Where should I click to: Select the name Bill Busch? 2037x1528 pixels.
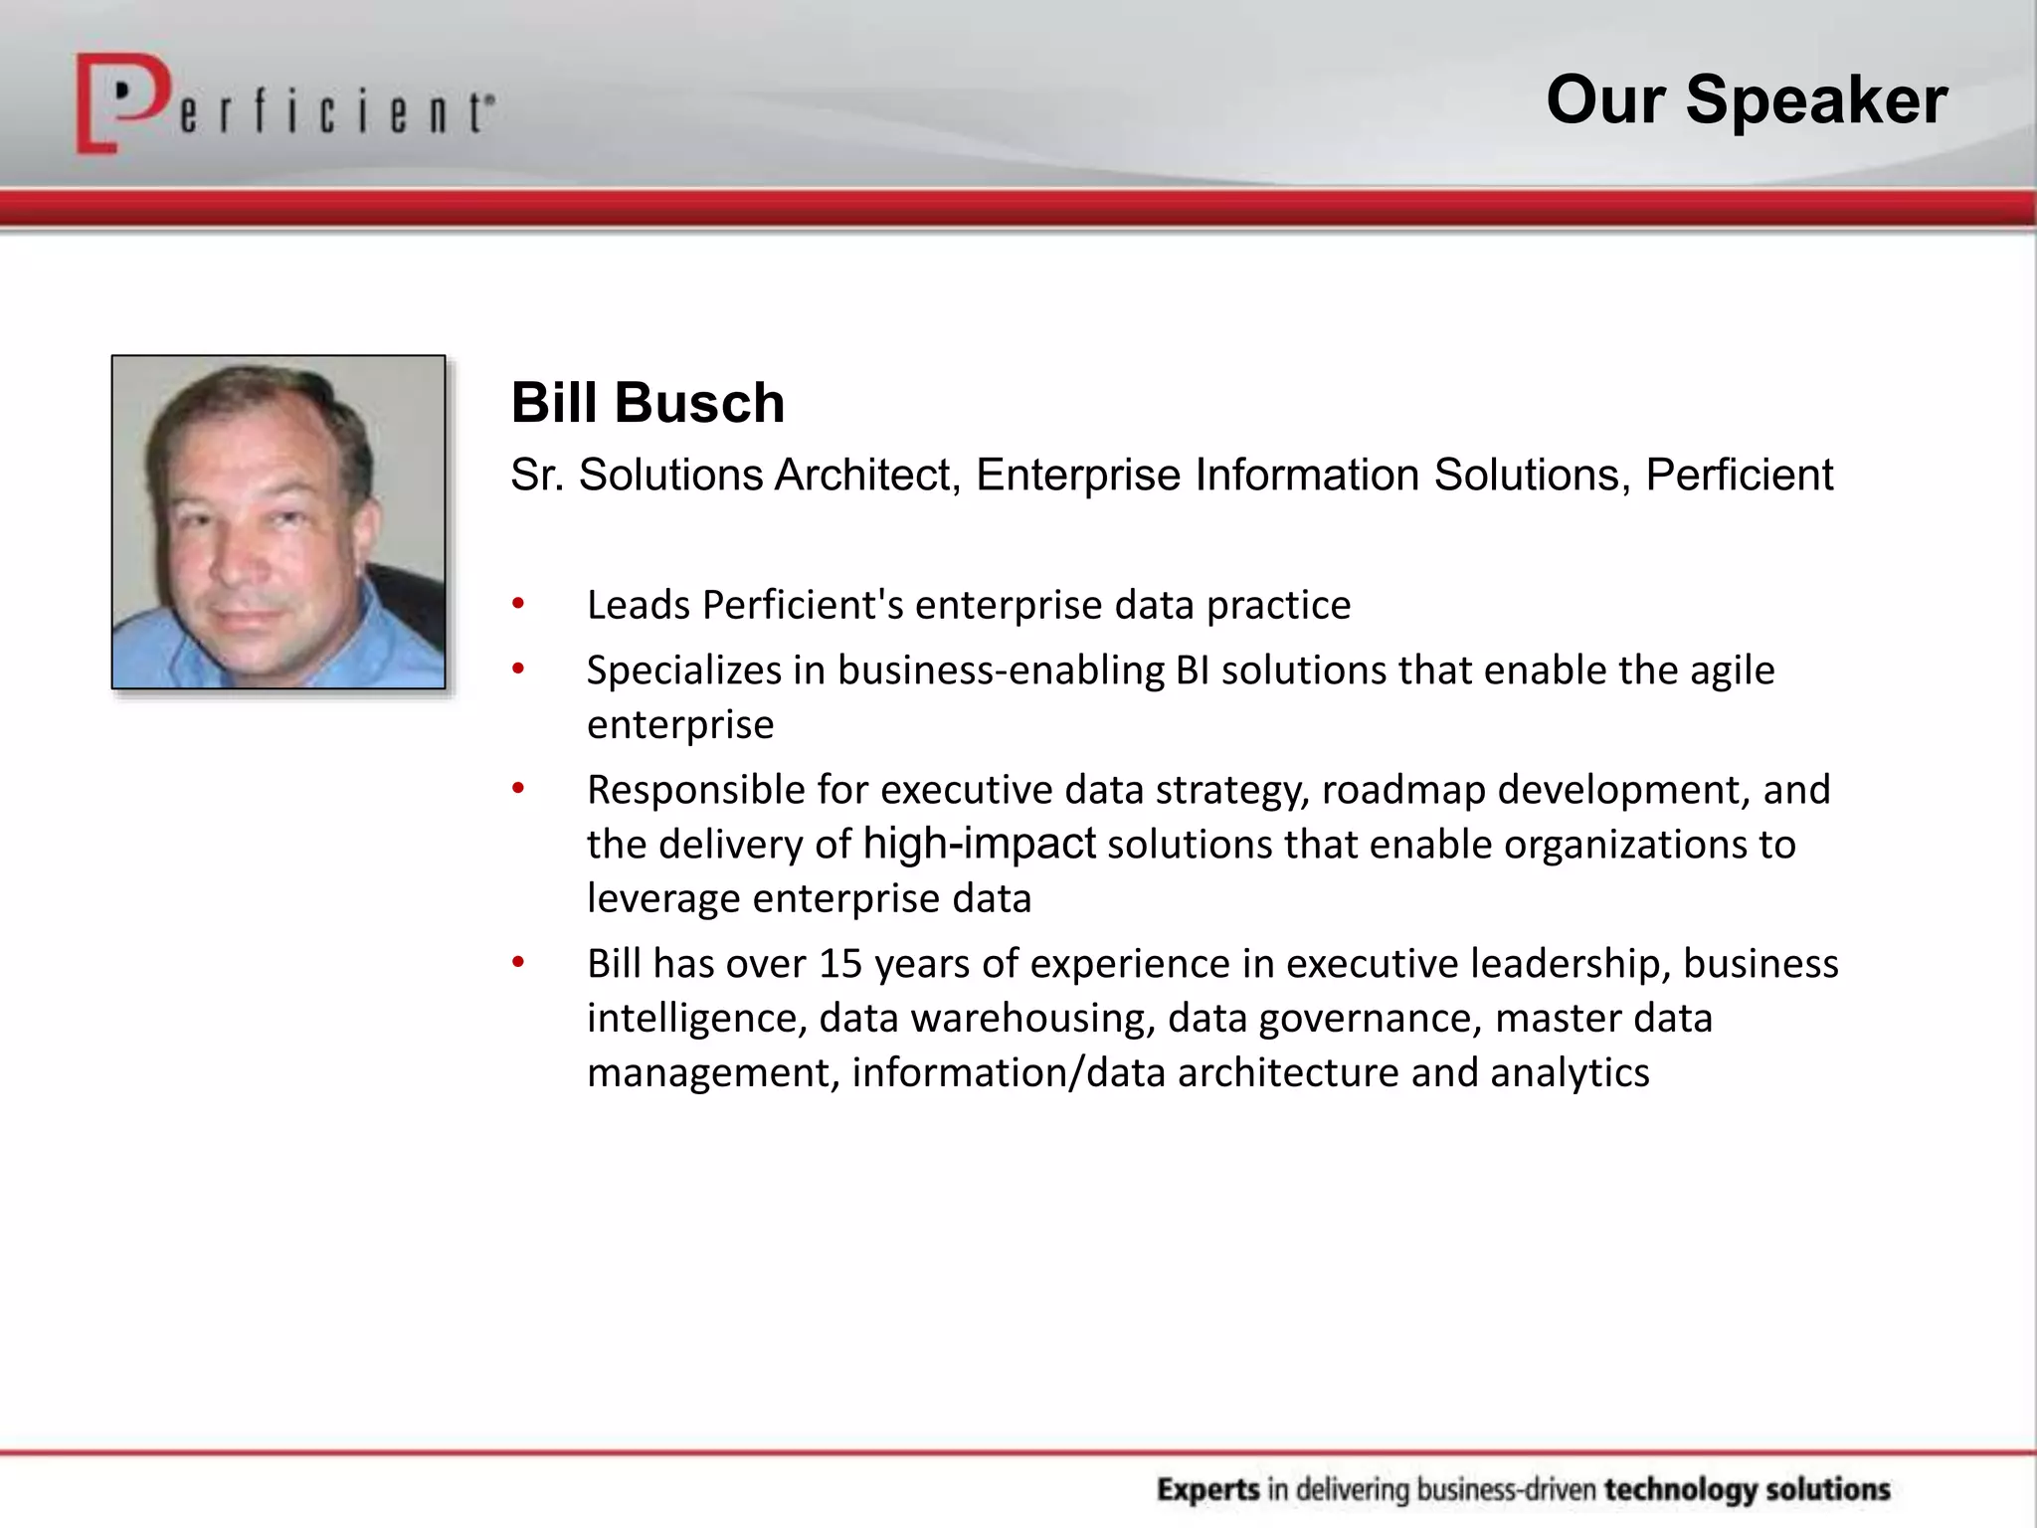point(648,403)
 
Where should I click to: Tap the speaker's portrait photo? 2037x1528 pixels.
point(278,521)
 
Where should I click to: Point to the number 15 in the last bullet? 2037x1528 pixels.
point(840,964)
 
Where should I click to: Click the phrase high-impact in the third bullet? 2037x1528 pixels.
point(979,844)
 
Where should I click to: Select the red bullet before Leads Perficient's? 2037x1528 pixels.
point(518,604)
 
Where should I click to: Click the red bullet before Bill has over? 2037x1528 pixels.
point(518,963)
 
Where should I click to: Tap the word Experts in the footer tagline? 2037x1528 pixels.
point(1207,1489)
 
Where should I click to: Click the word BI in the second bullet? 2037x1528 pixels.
point(1192,670)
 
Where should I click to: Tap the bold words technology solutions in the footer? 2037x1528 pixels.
point(1747,1489)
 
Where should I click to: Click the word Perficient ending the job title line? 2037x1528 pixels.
point(1739,475)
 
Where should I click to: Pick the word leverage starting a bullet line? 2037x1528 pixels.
point(663,898)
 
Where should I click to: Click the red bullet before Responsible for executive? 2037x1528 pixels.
point(518,789)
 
